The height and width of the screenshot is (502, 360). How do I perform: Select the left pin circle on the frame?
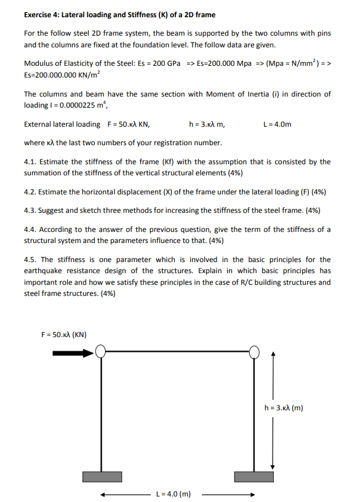click(x=100, y=352)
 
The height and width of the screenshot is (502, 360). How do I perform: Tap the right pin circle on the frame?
click(x=255, y=352)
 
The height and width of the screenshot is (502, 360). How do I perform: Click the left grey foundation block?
click(x=101, y=477)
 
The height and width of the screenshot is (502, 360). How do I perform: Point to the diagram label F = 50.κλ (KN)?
click(x=63, y=335)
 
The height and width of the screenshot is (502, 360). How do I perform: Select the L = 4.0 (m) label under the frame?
click(x=174, y=493)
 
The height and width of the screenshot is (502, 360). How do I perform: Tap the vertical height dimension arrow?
click(x=273, y=408)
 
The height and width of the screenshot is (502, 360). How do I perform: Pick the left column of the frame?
click(x=101, y=412)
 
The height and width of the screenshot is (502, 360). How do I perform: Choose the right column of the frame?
click(x=255, y=412)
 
